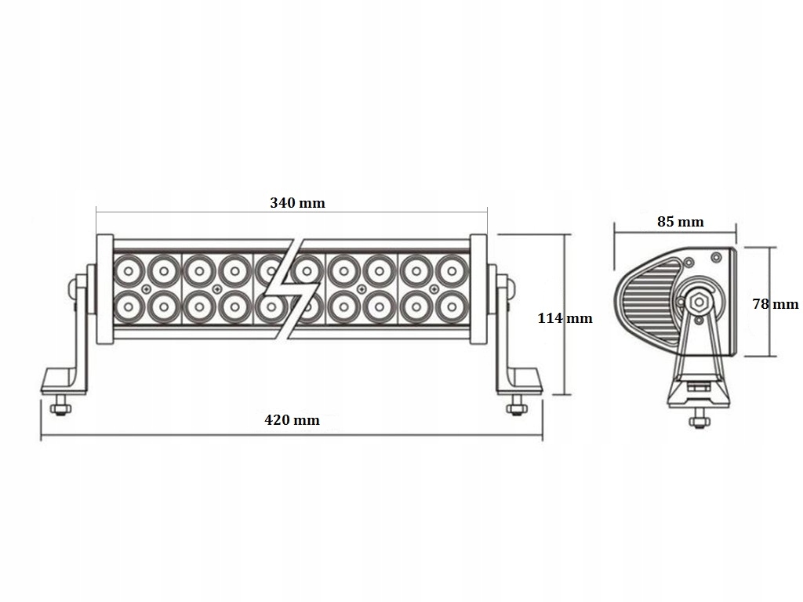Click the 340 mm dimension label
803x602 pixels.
(x=297, y=203)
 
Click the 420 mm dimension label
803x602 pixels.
(x=292, y=420)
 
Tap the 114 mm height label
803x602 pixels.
(x=565, y=318)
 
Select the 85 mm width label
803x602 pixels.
(x=680, y=222)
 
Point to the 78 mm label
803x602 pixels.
(x=775, y=304)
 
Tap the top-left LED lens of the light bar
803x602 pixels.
(x=128, y=271)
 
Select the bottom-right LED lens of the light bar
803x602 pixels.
(x=451, y=306)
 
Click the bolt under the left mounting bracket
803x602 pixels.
(x=60, y=408)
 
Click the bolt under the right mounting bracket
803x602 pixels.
(x=515, y=408)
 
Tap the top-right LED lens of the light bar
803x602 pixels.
(x=451, y=271)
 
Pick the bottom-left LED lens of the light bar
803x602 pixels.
(x=128, y=306)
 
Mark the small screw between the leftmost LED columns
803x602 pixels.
(x=146, y=289)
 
